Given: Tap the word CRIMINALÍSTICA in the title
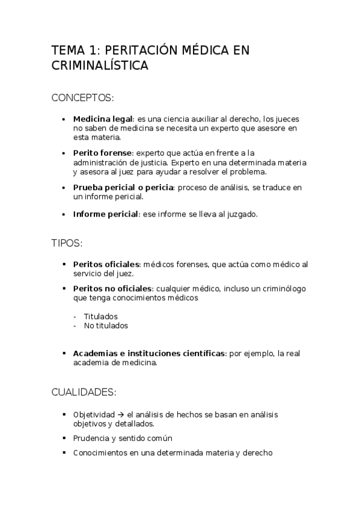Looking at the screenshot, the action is pyautogui.click(x=99, y=66).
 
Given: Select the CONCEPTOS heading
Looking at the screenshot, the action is pyautogui.click(x=82, y=97).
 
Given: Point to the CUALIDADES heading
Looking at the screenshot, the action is pyautogui.click(x=84, y=393).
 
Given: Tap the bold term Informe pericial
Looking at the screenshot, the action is pyautogui.click(x=105, y=214).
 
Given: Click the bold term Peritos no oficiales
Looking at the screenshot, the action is pyautogui.click(x=112, y=289).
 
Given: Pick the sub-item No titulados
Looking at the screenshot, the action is pyautogui.click(x=106, y=325).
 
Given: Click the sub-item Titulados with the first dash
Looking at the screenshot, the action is pyautogui.click(x=100, y=316).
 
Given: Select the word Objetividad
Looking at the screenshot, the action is pyautogui.click(x=94, y=414).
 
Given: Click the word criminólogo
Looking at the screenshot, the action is pyautogui.click(x=281, y=289).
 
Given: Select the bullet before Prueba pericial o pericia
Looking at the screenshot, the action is pyautogui.click(x=64, y=188).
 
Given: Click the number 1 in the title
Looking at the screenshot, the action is pyautogui.click(x=93, y=51).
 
